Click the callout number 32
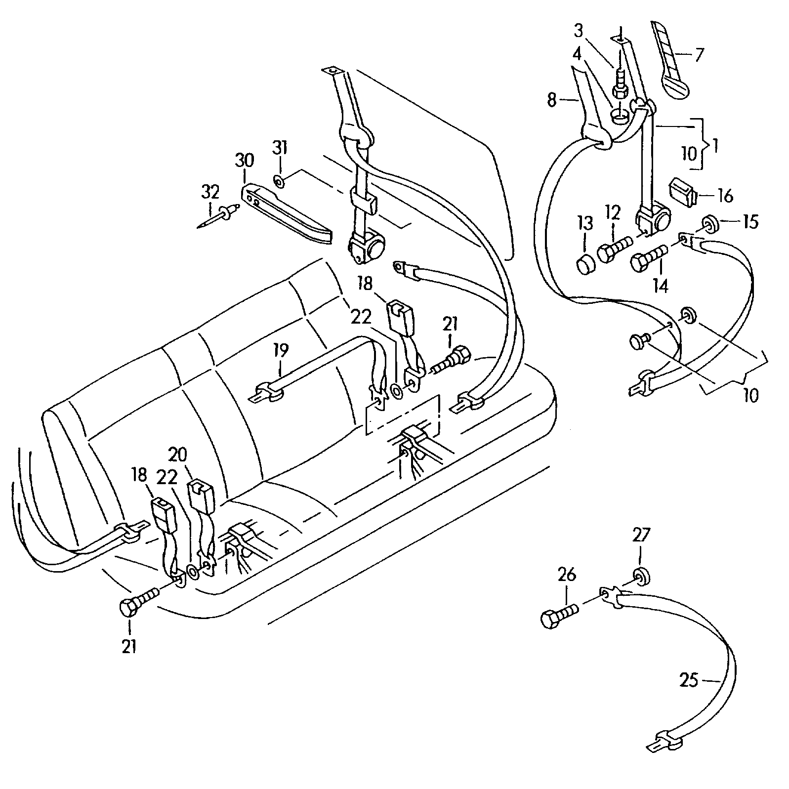coord(210,192)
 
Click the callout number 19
coord(280,351)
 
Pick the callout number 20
coord(177,454)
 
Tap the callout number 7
coord(698,54)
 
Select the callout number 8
coord(552,100)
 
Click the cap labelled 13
coord(586,264)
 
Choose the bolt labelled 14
coord(649,257)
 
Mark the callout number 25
coord(689,680)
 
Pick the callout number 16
coord(725,196)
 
